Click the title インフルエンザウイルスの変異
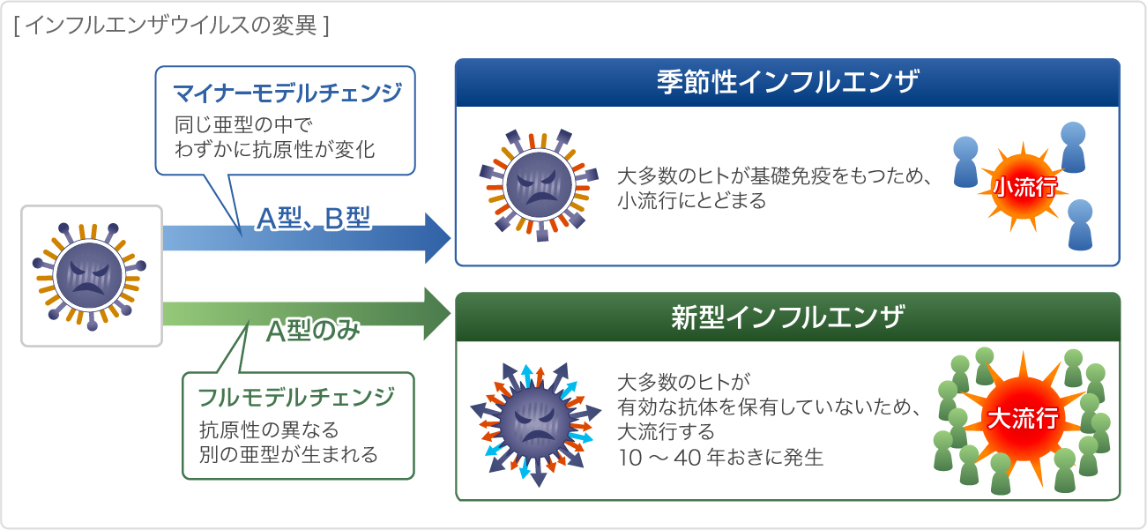171,25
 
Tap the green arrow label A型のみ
315,331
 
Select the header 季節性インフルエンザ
787,83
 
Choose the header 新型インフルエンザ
787,317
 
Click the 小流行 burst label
1024,188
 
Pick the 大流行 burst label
1022,419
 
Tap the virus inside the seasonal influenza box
534,183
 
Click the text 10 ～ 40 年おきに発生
720,458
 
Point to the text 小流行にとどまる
692,201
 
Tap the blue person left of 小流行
966,162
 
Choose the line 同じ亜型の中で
244,123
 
